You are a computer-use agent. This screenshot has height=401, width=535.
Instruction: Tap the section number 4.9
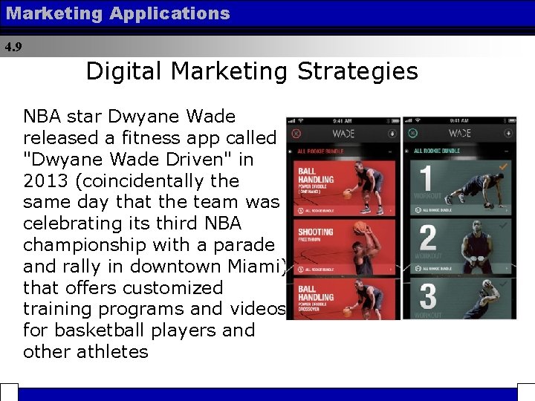[x=13, y=47]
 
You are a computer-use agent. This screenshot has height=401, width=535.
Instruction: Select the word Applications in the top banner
[x=169, y=13]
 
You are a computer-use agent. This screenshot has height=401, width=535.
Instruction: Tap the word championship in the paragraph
[x=95, y=245]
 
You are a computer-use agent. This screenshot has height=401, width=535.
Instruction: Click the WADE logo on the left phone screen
[x=343, y=134]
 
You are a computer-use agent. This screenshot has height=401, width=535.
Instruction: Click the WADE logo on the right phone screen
[x=459, y=134]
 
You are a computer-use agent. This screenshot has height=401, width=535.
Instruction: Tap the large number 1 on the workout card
[x=427, y=180]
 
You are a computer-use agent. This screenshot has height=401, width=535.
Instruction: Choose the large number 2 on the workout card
[x=427, y=238]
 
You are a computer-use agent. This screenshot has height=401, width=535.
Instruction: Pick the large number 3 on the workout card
[x=428, y=296]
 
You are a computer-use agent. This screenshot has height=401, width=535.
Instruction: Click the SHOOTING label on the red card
[x=315, y=232]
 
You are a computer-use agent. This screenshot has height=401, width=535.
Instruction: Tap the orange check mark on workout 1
[x=505, y=168]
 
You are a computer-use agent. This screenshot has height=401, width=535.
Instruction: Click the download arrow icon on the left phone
[x=392, y=134]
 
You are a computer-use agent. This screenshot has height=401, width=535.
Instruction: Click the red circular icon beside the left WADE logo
[x=296, y=134]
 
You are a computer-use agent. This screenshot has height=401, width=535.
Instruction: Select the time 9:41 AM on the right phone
[x=459, y=121]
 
